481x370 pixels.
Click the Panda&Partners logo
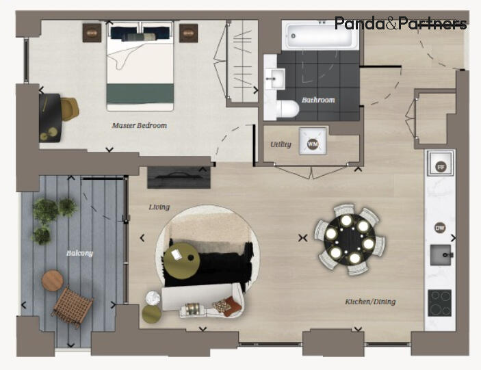click(x=400, y=24)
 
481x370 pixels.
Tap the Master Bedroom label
click(x=140, y=126)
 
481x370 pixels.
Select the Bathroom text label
click(x=319, y=100)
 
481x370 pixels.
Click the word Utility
click(x=281, y=144)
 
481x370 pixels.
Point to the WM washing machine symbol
click(x=313, y=144)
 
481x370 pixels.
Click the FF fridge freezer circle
click(x=441, y=166)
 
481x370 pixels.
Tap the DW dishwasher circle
click(x=440, y=228)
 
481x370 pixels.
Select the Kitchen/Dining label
click(x=370, y=302)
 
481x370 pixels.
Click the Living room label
click(x=159, y=207)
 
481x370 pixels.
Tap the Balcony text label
click(x=79, y=253)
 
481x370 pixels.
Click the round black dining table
click(x=350, y=241)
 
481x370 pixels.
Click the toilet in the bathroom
click(x=287, y=109)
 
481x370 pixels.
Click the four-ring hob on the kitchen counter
click(x=439, y=302)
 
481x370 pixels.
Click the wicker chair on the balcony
click(x=71, y=306)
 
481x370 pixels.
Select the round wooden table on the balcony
click(x=52, y=280)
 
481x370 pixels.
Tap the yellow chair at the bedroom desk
click(x=69, y=108)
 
